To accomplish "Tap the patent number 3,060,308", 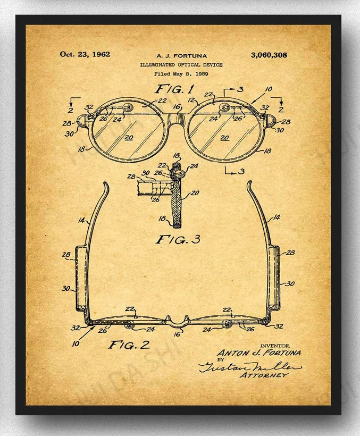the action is pyautogui.click(x=269, y=54).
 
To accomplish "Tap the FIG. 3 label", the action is pyautogui.click(x=178, y=239).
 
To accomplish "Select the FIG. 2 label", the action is pyautogui.click(x=129, y=345).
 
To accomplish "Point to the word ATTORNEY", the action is pyautogui.click(x=264, y=375).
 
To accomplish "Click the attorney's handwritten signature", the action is pyautogui.click(x=249, y=366).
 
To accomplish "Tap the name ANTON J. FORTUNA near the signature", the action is pyautogui.click(x=258, y=353).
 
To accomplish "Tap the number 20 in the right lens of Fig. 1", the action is pyautogui.click(x=224, y=137).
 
